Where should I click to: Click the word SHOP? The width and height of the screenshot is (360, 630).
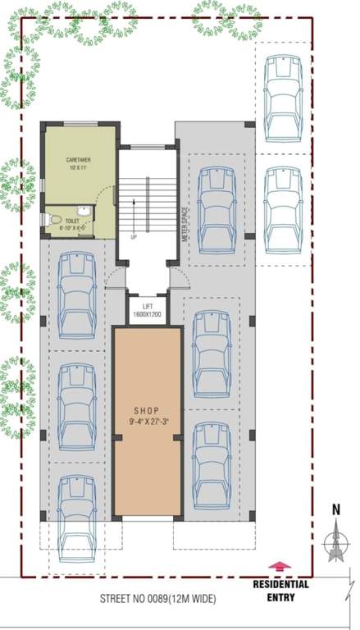point(146,410)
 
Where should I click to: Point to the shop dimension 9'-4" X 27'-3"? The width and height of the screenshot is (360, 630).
point(146,421)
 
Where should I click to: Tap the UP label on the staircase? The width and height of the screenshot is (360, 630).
point(134,236)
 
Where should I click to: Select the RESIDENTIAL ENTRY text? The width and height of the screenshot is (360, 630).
point(280,591)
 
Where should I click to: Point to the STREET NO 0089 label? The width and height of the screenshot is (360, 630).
point(157,600)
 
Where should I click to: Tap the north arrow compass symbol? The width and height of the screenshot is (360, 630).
point(335,542)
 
